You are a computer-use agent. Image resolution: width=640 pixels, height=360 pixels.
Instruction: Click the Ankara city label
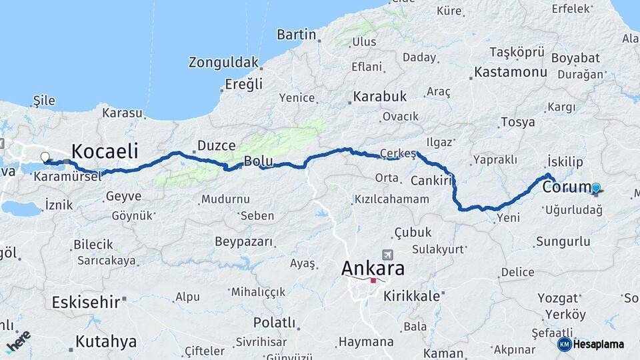tap(373, 268)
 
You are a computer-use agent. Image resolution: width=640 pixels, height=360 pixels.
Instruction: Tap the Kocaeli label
tap(105, 150)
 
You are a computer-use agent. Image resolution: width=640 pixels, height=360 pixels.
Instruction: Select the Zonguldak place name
tap(223, 63)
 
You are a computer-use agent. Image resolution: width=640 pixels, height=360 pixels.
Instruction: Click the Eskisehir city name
tap(85, 301)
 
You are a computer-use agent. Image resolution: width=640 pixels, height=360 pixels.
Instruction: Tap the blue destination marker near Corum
tap(596, 189)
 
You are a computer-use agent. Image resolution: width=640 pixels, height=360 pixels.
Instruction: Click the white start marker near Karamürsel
tap(45, 157)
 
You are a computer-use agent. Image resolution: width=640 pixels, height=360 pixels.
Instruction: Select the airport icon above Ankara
tap(388, 255)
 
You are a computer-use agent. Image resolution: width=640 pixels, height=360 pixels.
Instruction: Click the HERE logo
tap(18, 341)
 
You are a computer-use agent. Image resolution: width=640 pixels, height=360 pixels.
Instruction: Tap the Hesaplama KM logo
tap(591, 344)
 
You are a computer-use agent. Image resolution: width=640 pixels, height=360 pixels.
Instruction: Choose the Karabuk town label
tap(380, 97)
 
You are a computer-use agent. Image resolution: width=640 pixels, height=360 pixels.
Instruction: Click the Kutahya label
tap(106, 341)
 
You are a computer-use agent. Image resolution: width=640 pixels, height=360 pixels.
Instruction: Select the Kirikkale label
tap(411, 296)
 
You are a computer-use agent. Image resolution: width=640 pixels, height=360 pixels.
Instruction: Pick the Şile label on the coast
tap(44, 100)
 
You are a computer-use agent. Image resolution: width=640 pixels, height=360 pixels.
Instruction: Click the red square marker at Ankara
tap(373, 280)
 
